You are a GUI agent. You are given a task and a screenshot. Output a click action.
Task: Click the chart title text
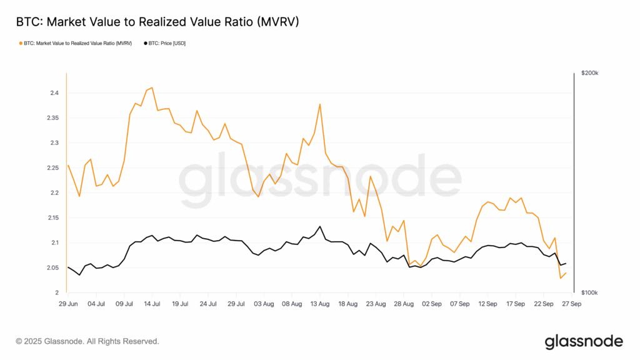tap(157, 22)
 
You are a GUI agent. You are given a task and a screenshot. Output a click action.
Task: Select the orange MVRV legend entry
tap(76, 43)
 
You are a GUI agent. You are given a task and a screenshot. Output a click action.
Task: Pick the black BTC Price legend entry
tap(165, 43)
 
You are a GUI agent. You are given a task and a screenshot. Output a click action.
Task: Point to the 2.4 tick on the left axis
tap(55, 93)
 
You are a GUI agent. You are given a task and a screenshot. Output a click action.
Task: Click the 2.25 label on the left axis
tap(52, 167)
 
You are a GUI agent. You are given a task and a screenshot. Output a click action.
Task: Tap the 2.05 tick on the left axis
tap(52, 267)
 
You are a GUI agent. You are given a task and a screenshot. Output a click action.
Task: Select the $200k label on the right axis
tap(589, 73)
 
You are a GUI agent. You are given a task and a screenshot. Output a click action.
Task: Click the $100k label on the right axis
tap(589, 292)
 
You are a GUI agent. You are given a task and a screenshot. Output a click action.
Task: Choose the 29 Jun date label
tap(67, 304)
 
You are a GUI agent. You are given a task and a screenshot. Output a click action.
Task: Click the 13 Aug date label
tap(320, 304)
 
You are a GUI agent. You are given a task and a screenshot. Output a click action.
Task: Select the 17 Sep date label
tap(516, 304)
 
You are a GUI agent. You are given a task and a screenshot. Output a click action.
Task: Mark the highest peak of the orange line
tap(152, 87)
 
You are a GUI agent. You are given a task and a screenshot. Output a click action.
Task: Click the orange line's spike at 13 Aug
tap(320, 104)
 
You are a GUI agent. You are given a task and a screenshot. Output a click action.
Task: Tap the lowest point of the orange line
tap(561, 278)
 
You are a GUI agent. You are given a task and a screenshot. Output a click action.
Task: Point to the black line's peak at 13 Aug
tap(320, 226)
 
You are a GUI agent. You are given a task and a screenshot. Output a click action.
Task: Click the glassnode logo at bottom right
tap(584, 341)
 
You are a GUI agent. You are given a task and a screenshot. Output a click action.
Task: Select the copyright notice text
tap(87, 341)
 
